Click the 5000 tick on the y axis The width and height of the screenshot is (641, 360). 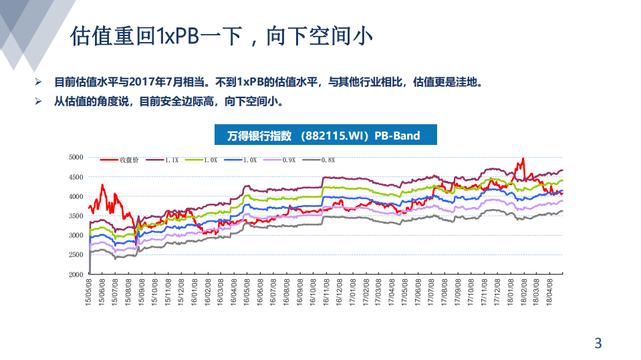(76, 157)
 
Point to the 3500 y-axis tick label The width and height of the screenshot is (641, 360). (76, 216)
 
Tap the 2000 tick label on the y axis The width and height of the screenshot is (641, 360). (76, 275)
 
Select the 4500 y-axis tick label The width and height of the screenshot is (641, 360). (76, 177)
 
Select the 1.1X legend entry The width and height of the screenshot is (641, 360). (164, 160)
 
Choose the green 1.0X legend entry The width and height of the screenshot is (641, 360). (204, 160)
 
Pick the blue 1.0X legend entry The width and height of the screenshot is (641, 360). (244, 160)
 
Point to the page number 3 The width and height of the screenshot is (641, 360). (598, 344)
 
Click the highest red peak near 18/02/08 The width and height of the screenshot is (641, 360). (523, 158)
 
